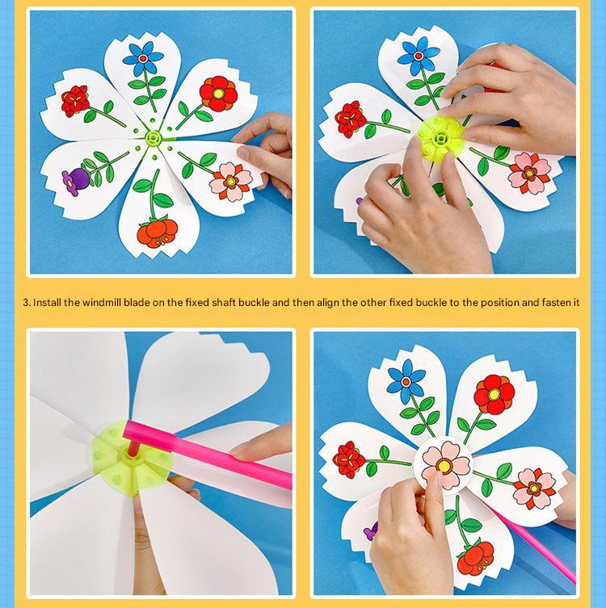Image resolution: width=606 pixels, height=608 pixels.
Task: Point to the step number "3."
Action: tap(27, 303)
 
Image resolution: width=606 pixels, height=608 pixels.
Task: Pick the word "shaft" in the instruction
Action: tap(224, 303)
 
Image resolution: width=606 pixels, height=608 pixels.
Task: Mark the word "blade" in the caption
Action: tap(137, 303)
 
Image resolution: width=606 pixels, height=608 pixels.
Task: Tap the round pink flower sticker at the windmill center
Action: tap(443, 463)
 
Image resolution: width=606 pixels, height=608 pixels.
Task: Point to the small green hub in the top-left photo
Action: tap(154, 137)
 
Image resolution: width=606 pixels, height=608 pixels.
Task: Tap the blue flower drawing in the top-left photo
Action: tap(143, 58)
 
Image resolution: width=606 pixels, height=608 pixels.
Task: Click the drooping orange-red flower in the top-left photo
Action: tap(158, 233)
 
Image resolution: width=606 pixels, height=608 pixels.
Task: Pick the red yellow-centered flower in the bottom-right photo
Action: tap(494, 394)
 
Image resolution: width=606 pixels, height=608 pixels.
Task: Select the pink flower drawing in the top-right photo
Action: tap(529, 173)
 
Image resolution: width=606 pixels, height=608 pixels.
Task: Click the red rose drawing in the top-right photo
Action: tap(351, 120)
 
